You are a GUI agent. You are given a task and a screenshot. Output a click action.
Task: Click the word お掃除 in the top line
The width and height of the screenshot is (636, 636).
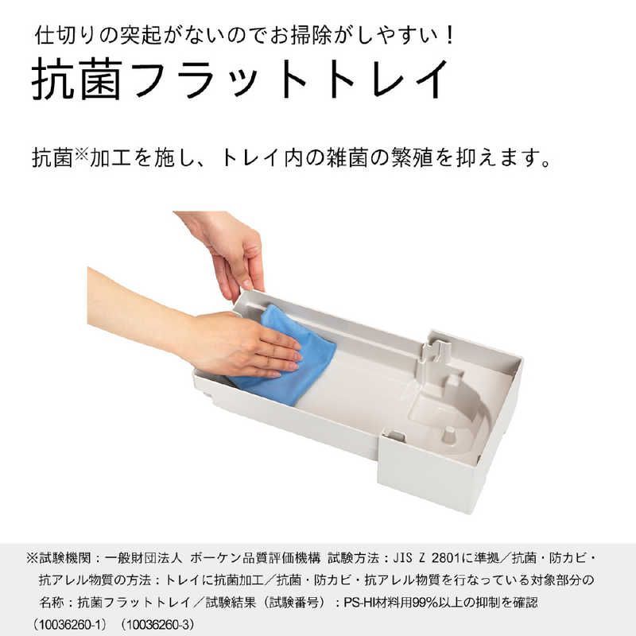281,35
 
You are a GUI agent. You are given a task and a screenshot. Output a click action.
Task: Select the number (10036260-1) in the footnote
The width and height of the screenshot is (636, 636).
72,625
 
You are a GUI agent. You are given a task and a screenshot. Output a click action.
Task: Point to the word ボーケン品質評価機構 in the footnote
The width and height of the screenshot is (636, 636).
258,557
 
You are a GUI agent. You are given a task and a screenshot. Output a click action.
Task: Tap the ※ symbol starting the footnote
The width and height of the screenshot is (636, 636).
32,557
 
